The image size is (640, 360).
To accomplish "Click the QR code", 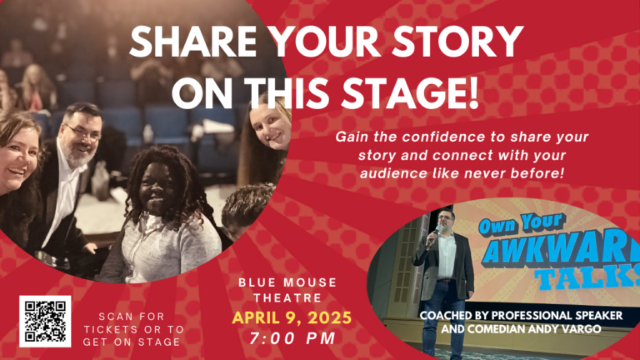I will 45,321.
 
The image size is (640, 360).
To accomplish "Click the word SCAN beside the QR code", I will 116,317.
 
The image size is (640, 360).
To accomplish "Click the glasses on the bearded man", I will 86,132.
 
